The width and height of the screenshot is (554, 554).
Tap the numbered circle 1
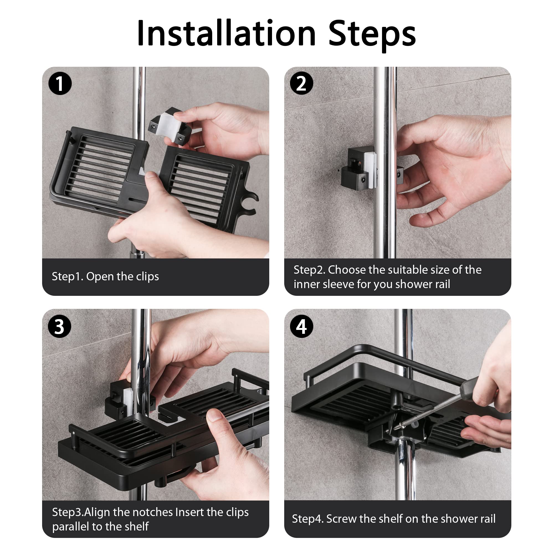coord(60,83)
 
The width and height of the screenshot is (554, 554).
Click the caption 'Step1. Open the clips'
coord(105,276)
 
